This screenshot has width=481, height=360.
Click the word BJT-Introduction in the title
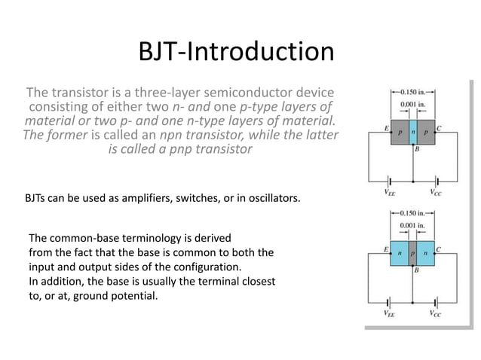click(x=237, y=52)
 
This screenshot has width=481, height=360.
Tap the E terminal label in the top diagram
click(x=386, y=128)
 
